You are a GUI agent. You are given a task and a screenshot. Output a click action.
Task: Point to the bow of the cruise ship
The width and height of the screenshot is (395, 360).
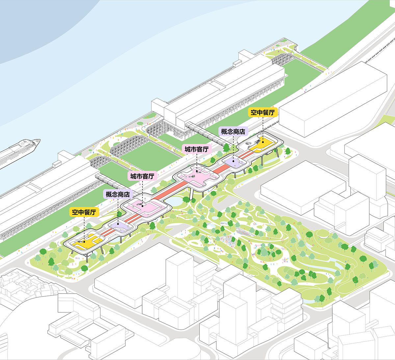[x=38, y=142]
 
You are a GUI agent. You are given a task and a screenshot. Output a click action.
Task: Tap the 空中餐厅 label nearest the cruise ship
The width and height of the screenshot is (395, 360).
[x=84, y=212]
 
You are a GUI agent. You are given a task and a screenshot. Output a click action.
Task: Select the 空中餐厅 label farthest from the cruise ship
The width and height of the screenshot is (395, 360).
[x=262, y=112]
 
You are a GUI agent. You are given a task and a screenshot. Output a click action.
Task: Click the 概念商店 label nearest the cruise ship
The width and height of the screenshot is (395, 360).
[x=118, y=194]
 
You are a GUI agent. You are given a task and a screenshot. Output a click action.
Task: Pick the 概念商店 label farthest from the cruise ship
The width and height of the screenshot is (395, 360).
[x=233, y=132]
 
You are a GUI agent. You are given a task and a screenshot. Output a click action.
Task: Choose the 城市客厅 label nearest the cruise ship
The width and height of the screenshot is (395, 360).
[x=142, y=176]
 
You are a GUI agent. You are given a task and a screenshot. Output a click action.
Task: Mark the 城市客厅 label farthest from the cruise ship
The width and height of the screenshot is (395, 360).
[x=197, y=149]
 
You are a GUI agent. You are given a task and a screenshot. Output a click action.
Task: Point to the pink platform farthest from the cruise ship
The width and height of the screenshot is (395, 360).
[x=197, y=174]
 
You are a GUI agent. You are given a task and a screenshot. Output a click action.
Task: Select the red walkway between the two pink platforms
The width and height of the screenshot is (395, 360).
[x=171, y=191]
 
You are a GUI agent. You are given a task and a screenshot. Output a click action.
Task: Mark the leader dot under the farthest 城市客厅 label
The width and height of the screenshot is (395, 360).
[x=197, y=171]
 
